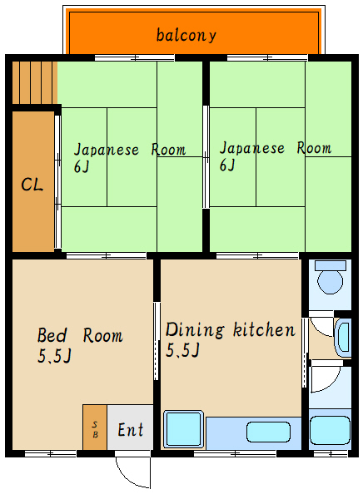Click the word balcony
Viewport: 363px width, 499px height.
pos(186,35)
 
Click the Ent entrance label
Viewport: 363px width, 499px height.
pos(131,430)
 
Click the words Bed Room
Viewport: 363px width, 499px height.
pos(80,336)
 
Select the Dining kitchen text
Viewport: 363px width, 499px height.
pos(230,329)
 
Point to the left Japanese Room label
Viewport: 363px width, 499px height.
pos(129,150)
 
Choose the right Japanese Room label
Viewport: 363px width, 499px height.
pos(275,148)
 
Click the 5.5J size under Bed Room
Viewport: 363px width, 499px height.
pos(54,357)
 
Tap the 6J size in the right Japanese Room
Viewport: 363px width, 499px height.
pos(227,165)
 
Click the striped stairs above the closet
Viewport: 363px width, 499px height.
pos(34,81)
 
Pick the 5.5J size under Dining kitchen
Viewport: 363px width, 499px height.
pos(182,350)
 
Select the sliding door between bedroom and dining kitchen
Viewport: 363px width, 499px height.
pos(156,341)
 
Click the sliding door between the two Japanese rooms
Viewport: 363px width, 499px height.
pos(206,156)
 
